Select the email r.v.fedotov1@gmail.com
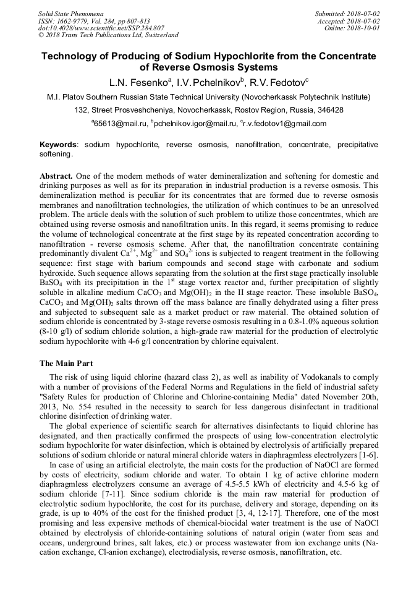pos(284,124)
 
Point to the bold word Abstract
pos(56,176)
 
